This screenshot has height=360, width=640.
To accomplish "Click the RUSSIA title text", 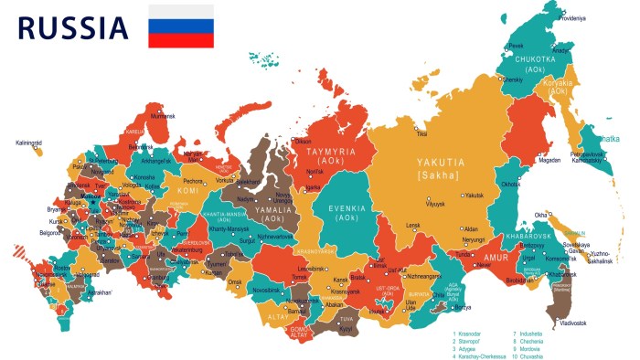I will coord(73,27).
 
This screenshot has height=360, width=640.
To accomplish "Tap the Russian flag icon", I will coord(181,26).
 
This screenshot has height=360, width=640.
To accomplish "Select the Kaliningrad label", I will coord(28,143).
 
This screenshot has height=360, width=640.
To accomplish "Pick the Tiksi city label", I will coord(421,134).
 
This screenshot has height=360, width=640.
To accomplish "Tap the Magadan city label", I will coord(549,160).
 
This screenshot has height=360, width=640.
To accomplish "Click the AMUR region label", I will coord(494,259).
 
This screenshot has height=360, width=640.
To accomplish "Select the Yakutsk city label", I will coord(473,195).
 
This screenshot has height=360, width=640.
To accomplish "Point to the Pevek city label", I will coord(517,45).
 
